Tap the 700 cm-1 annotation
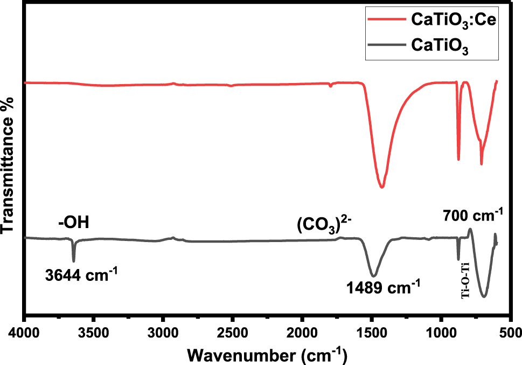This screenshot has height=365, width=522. pos(473,217)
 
